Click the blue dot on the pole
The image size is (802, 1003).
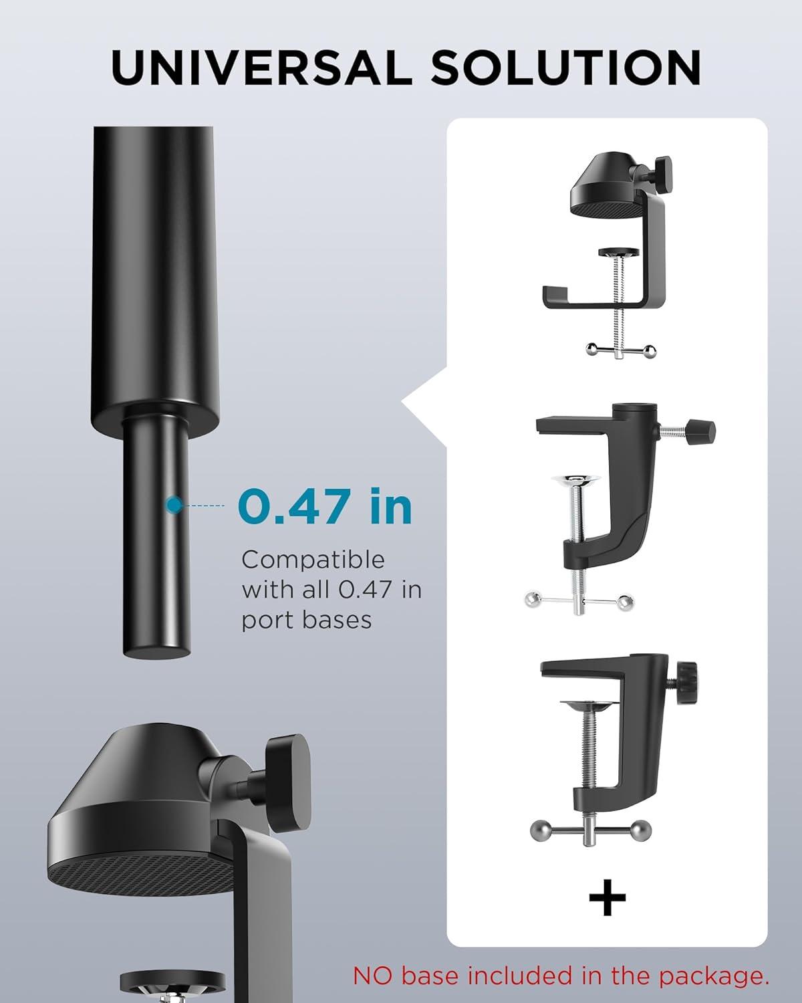(x=174, y=505)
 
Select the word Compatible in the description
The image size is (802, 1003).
(x=313, y=559)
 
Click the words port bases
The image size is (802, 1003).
(x=307, y=621)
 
